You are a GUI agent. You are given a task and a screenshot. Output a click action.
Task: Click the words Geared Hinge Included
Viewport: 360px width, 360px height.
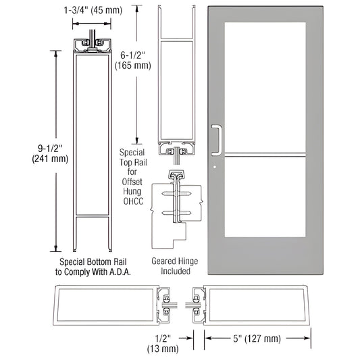170,265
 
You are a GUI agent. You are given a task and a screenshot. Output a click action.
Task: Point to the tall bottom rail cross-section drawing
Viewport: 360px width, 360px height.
92,142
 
